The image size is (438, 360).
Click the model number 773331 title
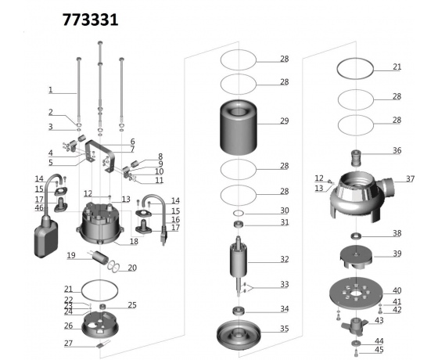[x=90, y=20]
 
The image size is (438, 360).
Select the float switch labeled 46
[x=46, y=237]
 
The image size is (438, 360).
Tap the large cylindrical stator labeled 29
[x=239, y=127]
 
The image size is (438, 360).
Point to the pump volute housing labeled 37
[x=361, y=196]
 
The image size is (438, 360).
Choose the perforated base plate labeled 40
[x=356, y=293]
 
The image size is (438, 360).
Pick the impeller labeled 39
[x=356, y=257]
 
